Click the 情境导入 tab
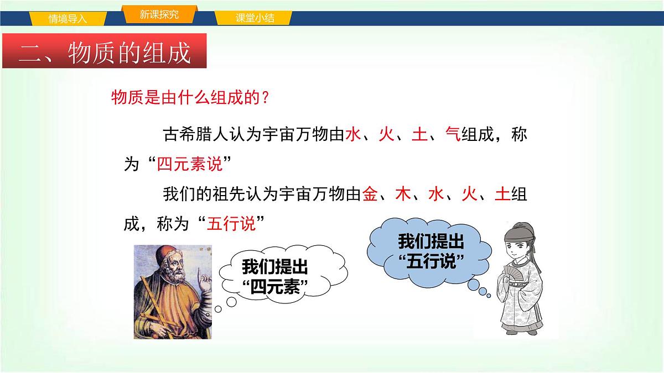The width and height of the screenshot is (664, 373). pyautogui.click(x=68, y=18)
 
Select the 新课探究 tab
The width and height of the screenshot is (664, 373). pyautogui.click(x=159, y=15)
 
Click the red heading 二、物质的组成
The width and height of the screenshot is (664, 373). pyautogui.click(x=105, y=53)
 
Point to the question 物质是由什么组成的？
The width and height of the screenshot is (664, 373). pyautogui.click(x=190, y=98)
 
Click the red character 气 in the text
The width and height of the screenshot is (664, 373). pyautogui.click(x=453, y=135)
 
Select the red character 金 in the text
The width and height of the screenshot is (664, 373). pyautogui.click(x=370, y=195)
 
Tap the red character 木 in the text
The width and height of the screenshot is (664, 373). pyautogui.click(x=403, y=195)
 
